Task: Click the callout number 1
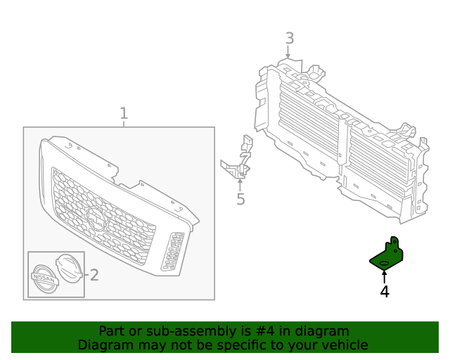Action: (x=124, y=113)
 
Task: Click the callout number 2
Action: (x=94, y=275)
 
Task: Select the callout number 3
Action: (x=289, y=39)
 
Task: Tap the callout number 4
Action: (x=385, y=291)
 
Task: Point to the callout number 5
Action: (x=240, y=200)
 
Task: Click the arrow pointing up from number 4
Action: (x=385, y=277)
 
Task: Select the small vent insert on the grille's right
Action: (x=172, y=252)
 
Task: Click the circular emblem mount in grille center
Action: (x=95, y=221)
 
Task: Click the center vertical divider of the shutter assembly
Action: (x=342, y=145)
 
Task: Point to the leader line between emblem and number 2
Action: (x=84, y=273)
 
